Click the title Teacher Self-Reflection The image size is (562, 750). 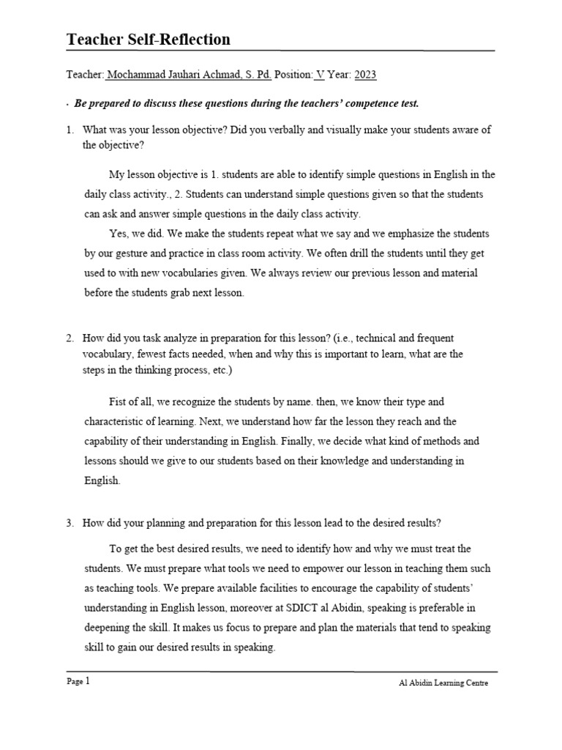[149, 40]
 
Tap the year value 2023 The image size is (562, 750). [365, 75]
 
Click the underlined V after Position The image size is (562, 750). [319, 75]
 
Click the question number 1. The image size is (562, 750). [69, 130]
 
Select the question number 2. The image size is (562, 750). [69, 338]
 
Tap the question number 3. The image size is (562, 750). [69, 523]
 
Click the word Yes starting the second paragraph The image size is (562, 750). [118, 234]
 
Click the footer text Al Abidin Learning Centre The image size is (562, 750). [443, 683]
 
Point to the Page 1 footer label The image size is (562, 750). [78, 682]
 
